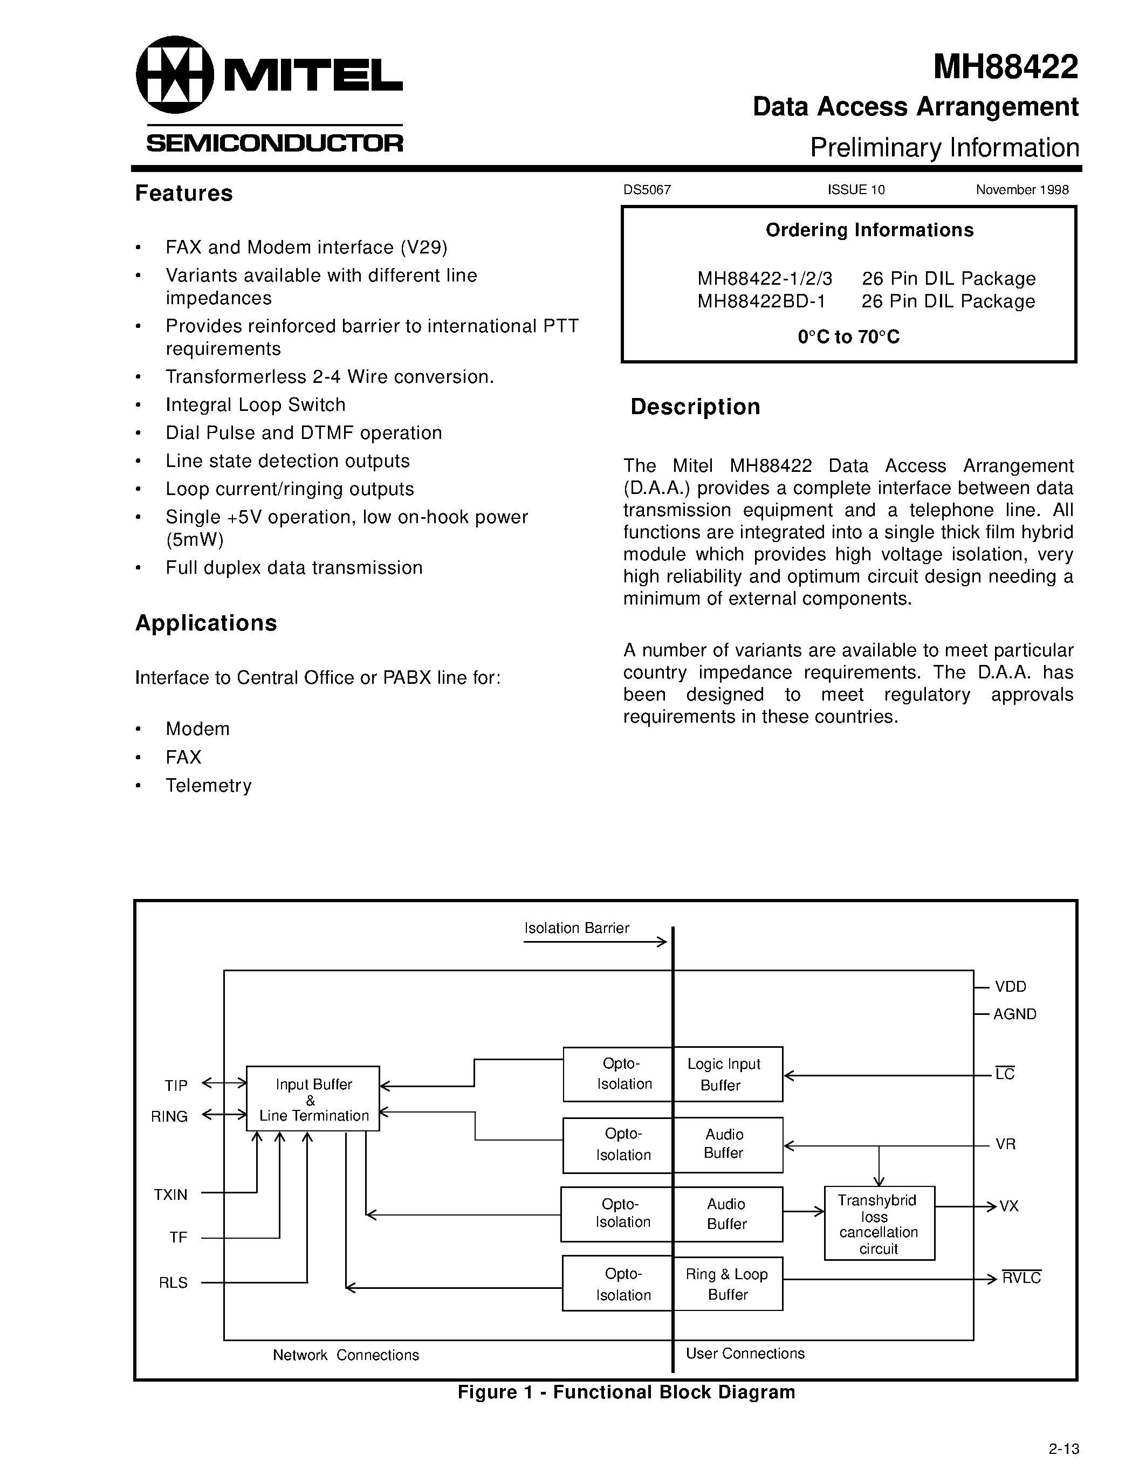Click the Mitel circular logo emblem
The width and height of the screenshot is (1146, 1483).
pos(175,75)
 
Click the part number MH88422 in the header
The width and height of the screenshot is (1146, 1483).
pos(1005,67)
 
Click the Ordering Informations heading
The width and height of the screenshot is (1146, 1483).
pos(869,230)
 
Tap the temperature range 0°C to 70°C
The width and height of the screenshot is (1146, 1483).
pos(849,338)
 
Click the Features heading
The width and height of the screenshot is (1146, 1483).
pos(184,194)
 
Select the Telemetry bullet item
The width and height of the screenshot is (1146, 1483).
pos(208,786)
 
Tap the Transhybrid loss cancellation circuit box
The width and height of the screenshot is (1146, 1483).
pos(879,1224)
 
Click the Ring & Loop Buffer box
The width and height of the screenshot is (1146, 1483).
pos(727,1284)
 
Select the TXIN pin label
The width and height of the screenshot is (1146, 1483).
pos(170,1195)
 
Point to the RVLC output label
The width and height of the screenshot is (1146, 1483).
pos(1021,1279)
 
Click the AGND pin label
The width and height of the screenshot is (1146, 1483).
pos(1014,1014)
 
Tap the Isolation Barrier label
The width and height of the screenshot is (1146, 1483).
pos(577,928)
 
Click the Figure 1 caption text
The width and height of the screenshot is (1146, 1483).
pos(626,1392)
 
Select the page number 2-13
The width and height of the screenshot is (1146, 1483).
pos(1063,1448)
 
